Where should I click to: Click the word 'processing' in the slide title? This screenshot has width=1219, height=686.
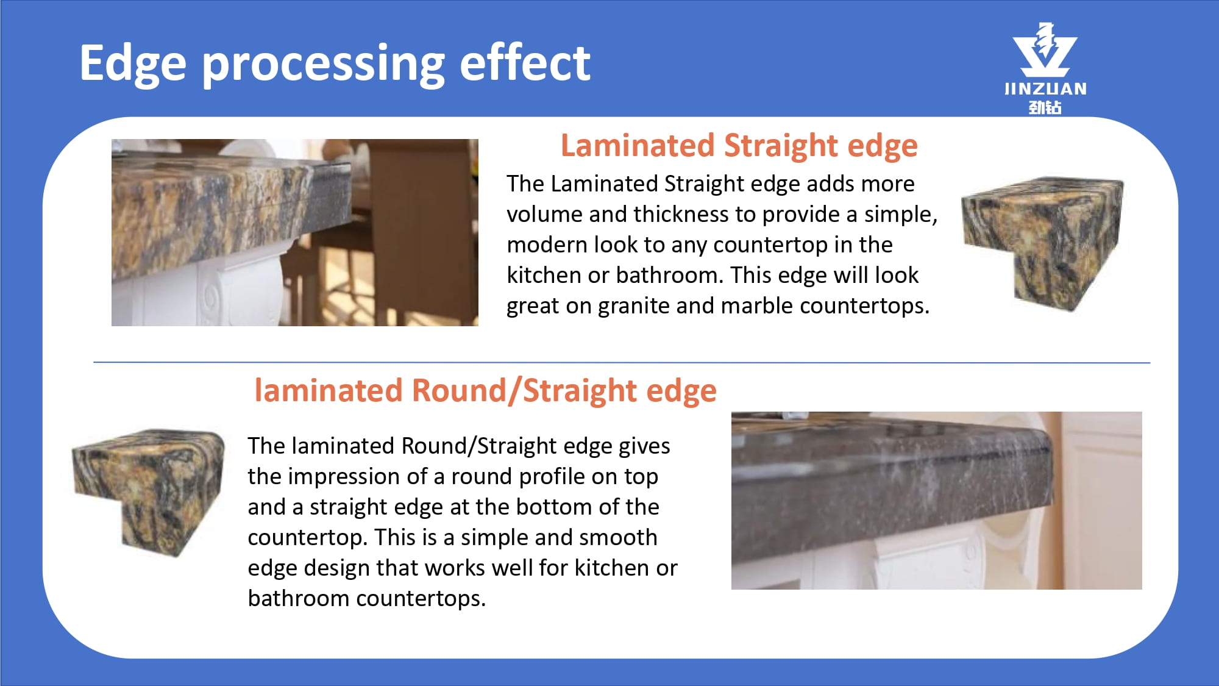(323, 65)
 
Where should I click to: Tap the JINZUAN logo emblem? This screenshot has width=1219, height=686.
(1045, 49)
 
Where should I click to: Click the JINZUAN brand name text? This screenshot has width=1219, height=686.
(1045, 89)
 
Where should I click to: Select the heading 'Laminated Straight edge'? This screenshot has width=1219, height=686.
(739, 146)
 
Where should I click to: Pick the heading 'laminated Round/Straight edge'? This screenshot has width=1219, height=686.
(485, 391)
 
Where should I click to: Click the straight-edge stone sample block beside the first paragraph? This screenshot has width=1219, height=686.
(1043, 244)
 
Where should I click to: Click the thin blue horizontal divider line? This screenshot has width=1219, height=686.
(622, 363)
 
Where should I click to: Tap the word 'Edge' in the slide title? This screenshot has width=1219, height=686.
(133, 64)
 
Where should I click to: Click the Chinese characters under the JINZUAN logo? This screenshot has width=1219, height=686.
(1045, 107)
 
